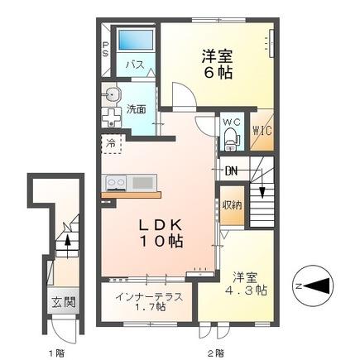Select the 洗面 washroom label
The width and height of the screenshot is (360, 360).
(x=136, y=108)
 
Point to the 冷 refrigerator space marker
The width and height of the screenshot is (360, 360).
(x=109, y=143)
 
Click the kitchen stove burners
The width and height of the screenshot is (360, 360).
(x=114, y=182)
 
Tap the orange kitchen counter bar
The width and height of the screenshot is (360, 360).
(x=130, y=194)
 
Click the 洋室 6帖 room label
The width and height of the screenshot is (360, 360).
(x=217, y=63)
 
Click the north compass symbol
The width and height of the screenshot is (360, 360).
(x=312, y=285)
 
